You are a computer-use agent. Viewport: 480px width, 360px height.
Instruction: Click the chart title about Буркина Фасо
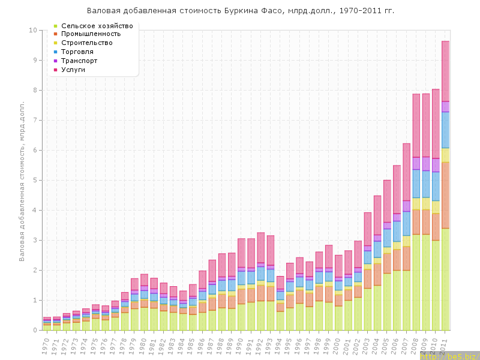[x=240, y=11]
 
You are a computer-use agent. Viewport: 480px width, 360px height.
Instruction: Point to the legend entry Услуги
[x=77, y=70]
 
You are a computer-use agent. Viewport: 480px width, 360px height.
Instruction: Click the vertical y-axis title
[x=22, y=180]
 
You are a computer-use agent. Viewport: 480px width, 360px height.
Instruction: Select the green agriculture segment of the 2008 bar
[x=416, y=282]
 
